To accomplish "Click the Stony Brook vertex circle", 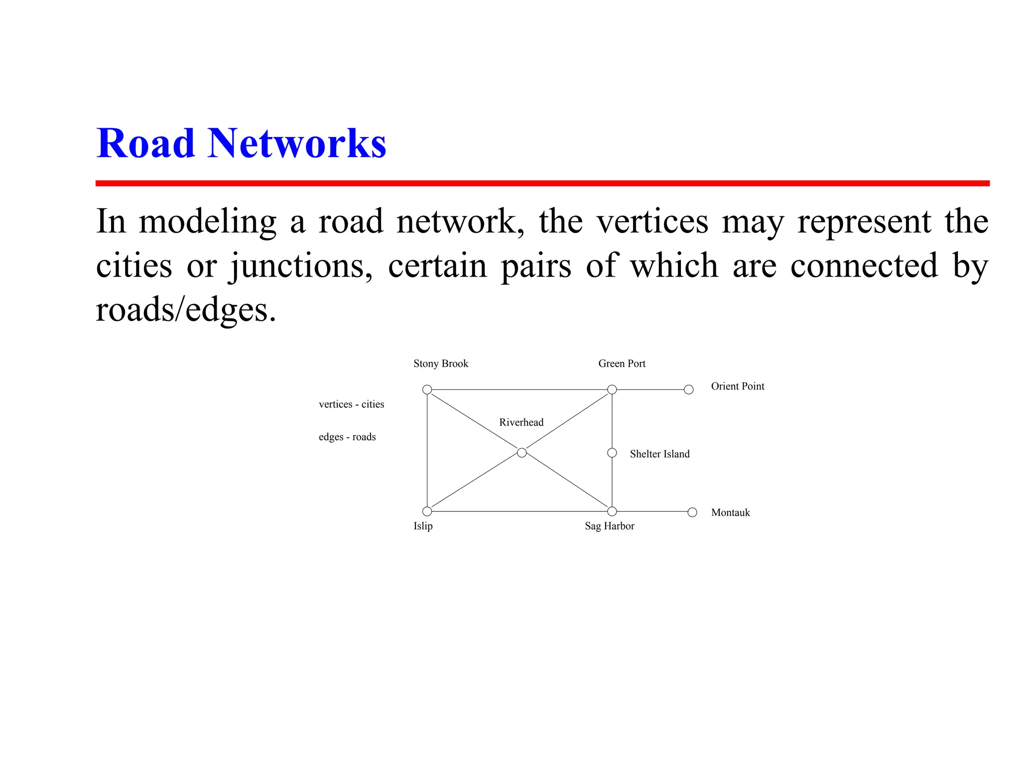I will point(427,389).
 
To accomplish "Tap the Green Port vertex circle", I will point(612,389).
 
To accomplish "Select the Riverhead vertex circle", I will point(521,453).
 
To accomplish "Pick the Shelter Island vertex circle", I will point(612,453).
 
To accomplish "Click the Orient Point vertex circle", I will point(688,389).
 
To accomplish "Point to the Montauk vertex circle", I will point(692,512).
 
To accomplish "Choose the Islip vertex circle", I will point(427,511).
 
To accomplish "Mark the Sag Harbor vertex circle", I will point(612,511).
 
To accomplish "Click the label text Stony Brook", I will point(441,364).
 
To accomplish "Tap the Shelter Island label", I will point(659,454).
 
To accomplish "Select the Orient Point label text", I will point(737,386).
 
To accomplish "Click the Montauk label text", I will point(730,513).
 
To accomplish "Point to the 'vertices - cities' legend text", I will point(351,404).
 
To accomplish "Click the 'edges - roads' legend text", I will point(347,437).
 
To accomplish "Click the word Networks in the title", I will point(297,144).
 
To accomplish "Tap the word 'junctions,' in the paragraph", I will point(301,266).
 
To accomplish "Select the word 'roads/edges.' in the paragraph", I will point(185,309).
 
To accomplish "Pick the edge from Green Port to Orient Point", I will point(650,389).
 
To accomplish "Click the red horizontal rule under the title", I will point(542,183).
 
